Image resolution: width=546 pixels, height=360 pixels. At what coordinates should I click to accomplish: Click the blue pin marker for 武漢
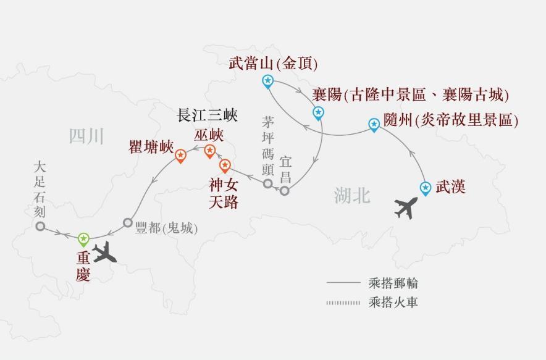tap(425, 188)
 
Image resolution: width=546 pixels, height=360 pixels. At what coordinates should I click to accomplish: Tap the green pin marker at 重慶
tap(83, 238)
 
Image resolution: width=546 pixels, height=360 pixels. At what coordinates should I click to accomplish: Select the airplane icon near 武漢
tap(406, 207)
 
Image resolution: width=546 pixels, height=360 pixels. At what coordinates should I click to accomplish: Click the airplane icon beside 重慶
tap(107, 251)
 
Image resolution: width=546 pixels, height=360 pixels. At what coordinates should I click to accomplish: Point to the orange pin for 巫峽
tap(209, 151)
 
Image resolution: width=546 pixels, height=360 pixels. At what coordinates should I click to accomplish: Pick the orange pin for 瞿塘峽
tap(180, 155)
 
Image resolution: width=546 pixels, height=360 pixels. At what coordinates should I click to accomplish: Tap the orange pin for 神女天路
tap(225, 165)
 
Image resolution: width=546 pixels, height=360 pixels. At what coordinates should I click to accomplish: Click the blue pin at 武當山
tap(267, 80)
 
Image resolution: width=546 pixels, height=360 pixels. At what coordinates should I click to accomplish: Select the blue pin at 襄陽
tap(317, 112)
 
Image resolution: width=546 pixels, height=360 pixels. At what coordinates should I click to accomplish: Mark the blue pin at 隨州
tap(374, 124)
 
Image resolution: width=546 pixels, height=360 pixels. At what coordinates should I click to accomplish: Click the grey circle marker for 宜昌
tap(284, 191)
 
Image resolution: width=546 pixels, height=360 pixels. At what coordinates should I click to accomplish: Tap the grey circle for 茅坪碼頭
tap(267, 183)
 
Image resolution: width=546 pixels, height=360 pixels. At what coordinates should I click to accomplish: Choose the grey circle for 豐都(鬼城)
tap(128, 222)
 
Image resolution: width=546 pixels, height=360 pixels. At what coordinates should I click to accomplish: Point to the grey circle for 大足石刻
tap(40, 227)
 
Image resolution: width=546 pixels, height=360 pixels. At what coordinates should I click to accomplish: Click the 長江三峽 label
tap(208, 115)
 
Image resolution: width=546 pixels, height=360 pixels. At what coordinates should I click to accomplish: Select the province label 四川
tap(87, 136)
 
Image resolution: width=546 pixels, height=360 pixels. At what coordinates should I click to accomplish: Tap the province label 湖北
tap(352, 196)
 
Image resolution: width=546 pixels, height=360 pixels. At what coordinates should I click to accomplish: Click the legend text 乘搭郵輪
tap(393, 283)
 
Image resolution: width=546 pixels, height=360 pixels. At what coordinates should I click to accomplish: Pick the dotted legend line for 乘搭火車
tap(343, 303)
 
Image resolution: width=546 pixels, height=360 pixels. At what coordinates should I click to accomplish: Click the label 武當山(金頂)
tap(273, 63)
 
